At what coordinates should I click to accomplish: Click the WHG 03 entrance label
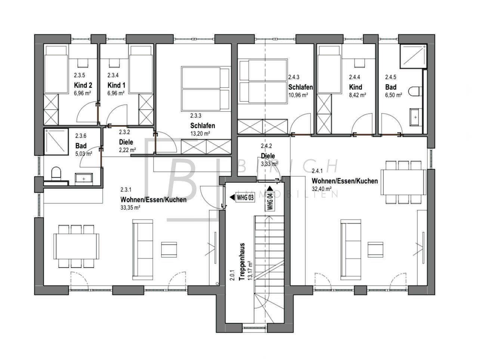245,197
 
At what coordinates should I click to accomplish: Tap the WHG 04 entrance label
270,201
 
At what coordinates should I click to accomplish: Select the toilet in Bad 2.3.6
56,173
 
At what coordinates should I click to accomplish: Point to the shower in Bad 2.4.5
413,56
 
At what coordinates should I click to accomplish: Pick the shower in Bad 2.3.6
56,142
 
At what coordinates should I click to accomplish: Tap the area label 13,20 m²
200,133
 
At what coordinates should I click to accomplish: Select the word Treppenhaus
242,261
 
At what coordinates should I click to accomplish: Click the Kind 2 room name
83,85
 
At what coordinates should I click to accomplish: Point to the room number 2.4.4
355,77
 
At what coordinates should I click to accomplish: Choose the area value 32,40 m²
322,189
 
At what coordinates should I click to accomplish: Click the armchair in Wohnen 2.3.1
169,249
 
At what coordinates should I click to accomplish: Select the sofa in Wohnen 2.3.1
143,249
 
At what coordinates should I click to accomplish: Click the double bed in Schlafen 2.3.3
206,89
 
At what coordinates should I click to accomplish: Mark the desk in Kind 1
115,63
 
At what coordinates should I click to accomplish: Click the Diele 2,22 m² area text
127,150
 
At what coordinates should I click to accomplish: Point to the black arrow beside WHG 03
232,197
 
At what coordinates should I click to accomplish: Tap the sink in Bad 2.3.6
84,179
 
